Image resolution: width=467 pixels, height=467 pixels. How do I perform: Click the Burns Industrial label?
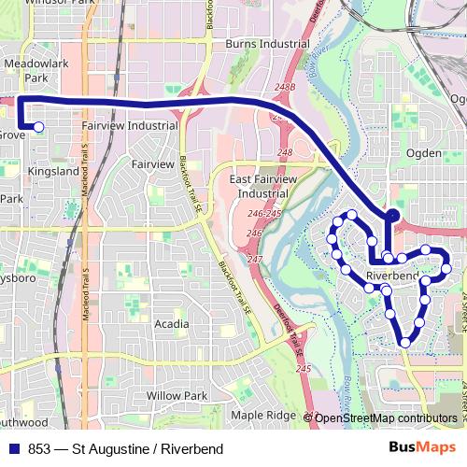pyautogui.click(x=267, y=44)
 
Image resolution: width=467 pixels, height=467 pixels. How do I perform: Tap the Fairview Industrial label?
pyautogui.click(x=130, y=125)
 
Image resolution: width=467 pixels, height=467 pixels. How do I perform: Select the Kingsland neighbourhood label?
pyautogui.click(x=54, y=172)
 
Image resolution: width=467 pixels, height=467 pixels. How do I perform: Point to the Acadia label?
pyautogui.click(x=171, y=324)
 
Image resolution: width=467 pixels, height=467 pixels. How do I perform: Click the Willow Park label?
pyautogui.click(x=177, y=396)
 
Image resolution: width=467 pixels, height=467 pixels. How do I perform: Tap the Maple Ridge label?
pyautogui.click(x=262, y=415)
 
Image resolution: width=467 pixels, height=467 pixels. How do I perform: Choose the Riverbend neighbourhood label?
pyautogui.click(x=392, y=276)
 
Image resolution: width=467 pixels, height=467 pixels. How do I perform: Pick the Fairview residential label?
pyautogui.click(x=153, y=164)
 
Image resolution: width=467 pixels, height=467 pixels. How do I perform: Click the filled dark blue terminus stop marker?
pyautogui.click(x=392, y=216)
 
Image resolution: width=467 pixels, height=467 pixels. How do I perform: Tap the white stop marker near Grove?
pyautogui.click(x=39, y=127)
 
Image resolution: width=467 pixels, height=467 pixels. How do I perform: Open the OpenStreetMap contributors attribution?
pyautogui.click(x=385, y=418)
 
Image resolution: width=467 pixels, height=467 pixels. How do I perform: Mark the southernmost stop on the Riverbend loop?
pyautogui.click(x=405, y=343)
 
